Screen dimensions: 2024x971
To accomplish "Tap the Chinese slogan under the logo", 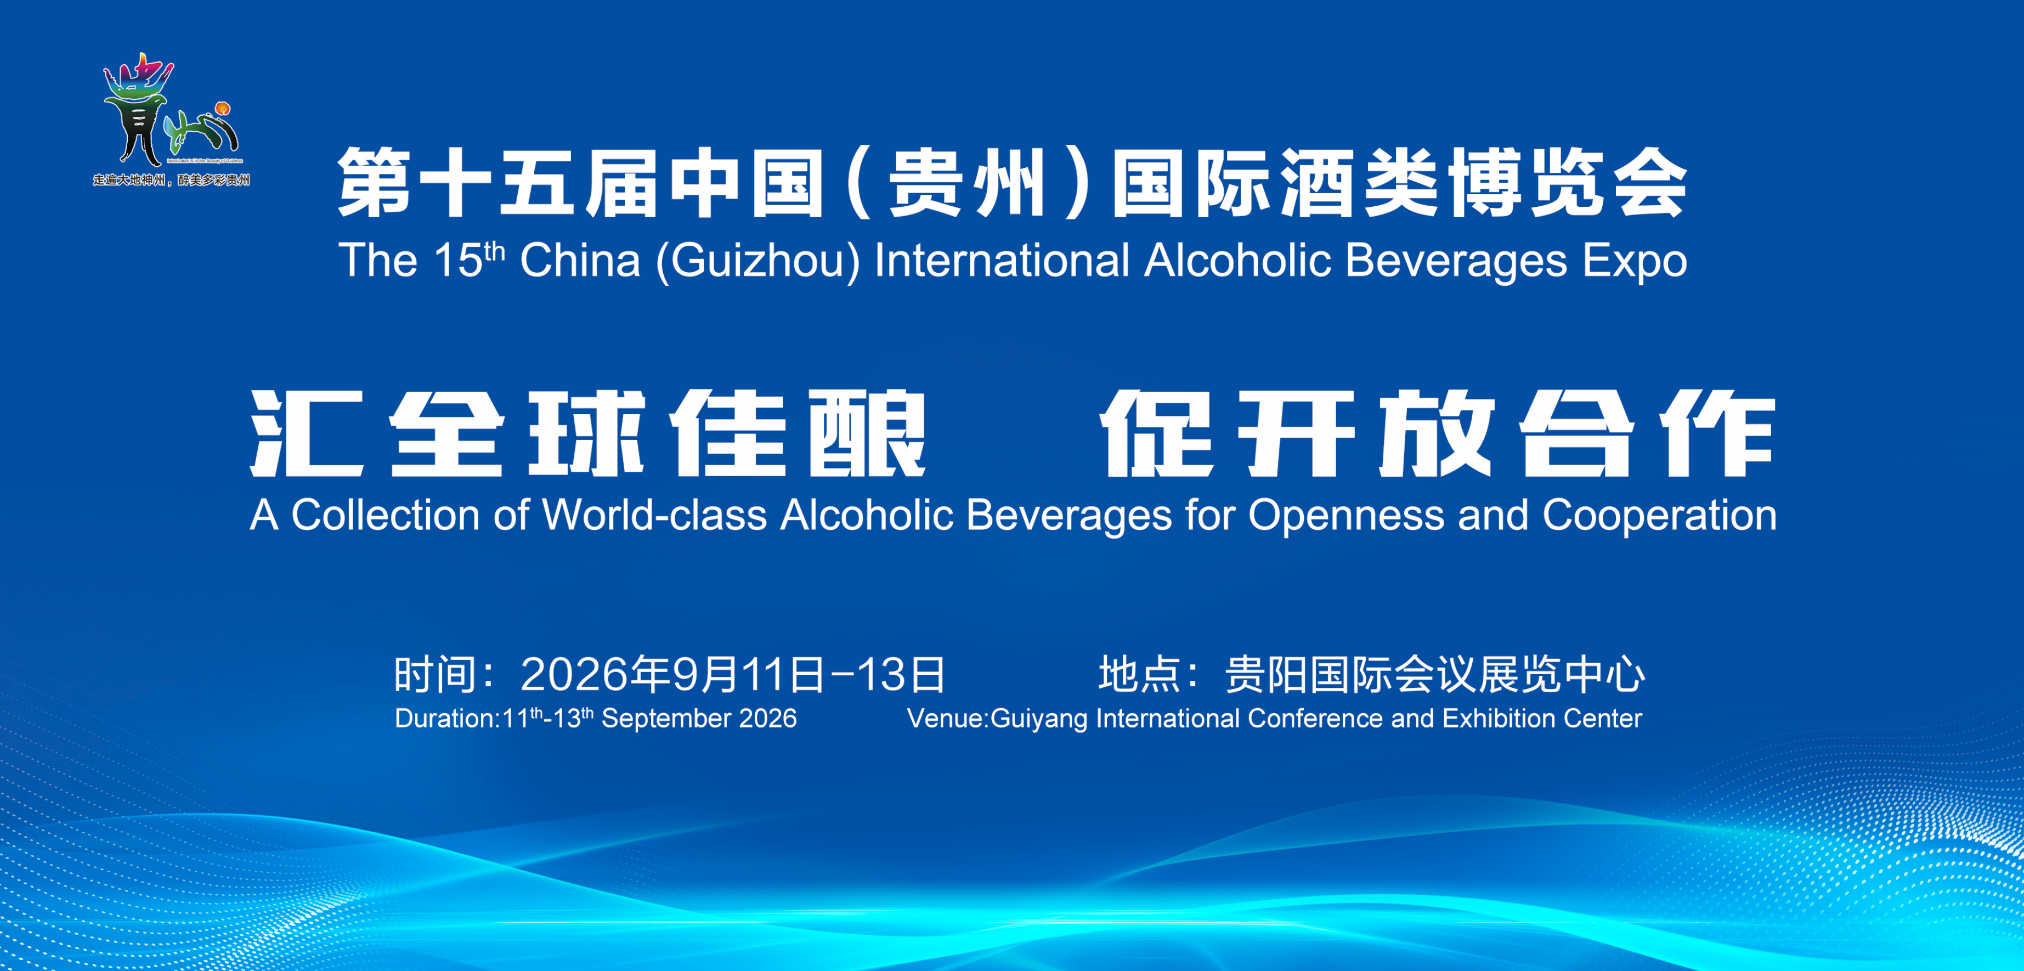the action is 171,180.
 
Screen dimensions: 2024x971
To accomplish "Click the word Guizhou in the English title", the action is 758,262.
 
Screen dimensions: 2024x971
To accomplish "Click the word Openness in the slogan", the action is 1346,517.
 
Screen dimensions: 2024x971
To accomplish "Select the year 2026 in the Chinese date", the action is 574,675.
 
